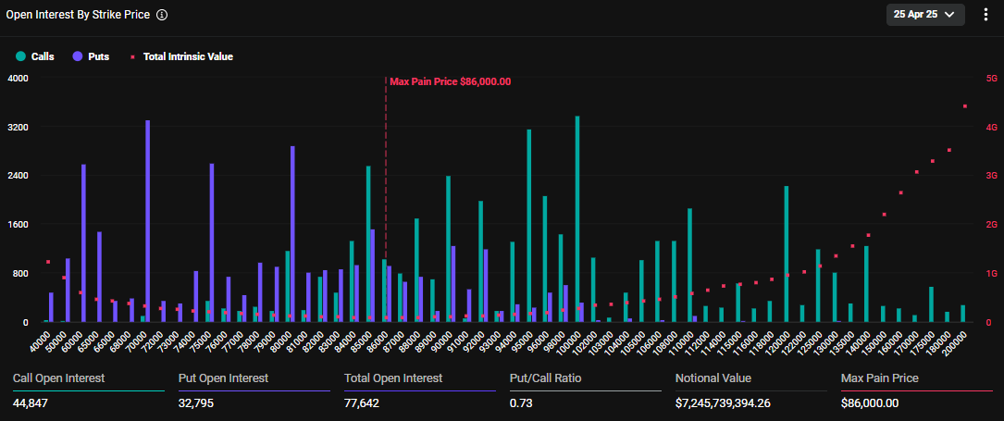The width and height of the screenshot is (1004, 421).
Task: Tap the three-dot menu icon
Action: click(x=985, y=15)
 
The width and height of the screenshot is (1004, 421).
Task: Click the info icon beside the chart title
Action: click(x=162, y=15)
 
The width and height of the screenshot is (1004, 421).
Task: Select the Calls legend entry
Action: click(x=36, y=56)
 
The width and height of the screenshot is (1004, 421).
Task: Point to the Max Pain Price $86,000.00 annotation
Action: click(x=450, y=81)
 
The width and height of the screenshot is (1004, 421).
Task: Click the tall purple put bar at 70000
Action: click(x=148, y=222)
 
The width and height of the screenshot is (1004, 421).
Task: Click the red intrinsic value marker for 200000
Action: click(x=965, y=106)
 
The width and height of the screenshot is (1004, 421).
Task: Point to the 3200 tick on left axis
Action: click(x=19, y=127)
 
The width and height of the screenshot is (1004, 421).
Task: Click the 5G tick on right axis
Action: click(x=991, y=79)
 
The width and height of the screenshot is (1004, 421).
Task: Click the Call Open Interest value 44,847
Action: click(x=32, y=403)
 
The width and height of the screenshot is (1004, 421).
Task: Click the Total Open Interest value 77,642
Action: click(x=364, y=403)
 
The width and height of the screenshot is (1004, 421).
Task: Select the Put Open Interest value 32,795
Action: click(x=198, y=403)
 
